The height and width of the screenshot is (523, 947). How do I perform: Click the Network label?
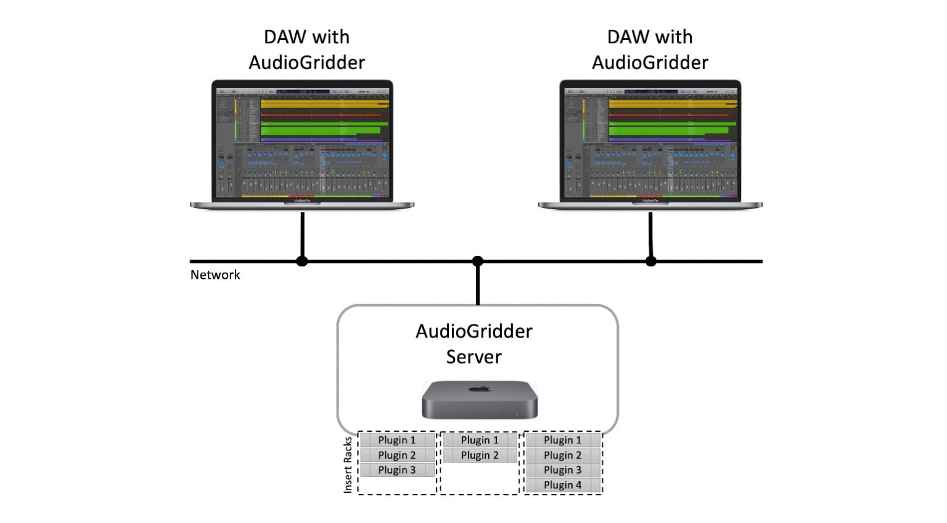[215, 275]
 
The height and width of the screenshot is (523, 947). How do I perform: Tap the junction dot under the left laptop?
[302, 261]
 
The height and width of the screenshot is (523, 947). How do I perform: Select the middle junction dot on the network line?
[478, 261]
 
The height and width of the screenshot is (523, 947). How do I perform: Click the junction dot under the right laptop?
[651, 261]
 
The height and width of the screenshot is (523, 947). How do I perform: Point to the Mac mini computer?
[479, 401]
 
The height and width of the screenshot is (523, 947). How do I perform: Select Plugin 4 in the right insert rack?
[562, 485]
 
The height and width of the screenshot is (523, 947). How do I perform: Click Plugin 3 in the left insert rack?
[396, 470]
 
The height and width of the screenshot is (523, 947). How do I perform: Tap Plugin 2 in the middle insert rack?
[480, 455]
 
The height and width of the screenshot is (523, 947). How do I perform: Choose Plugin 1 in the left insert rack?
[396, 440]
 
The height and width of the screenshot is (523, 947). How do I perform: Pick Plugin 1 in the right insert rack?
[562, 440]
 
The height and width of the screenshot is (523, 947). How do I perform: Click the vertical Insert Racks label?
[348, 464]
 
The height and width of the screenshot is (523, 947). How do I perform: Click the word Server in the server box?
[473, 357]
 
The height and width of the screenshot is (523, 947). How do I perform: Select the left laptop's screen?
[302, 142]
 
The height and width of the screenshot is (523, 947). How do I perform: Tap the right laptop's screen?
[650, 142]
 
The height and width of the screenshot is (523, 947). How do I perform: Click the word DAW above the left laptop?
[284, 37]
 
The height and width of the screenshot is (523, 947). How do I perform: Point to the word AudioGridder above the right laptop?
[650, 62]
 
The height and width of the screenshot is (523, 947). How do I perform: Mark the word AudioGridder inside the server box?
[473, 331]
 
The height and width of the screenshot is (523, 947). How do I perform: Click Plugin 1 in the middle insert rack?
[480, 440]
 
